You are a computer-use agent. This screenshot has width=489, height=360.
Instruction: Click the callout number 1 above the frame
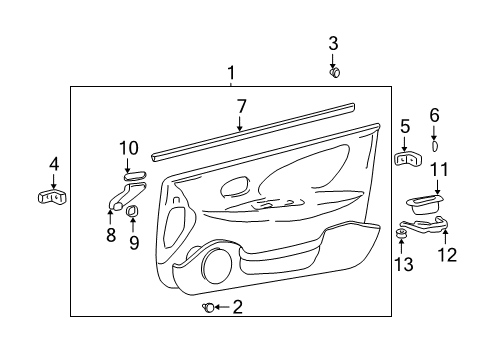click(231, 73)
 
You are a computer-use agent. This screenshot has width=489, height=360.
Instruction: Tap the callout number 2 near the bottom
click(237, 307)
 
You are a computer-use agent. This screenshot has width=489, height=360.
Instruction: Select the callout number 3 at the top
click(334, 43)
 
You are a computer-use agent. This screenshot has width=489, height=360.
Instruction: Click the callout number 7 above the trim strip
click(240, 105)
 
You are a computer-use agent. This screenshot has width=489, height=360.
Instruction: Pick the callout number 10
click(128, 148)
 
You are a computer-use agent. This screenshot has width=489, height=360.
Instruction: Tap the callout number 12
click(447, 255)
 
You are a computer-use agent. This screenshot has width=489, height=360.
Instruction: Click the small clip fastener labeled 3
click(335, 71)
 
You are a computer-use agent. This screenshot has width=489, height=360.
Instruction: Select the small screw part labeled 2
click(207, 307)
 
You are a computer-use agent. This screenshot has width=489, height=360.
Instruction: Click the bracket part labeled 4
click(52, 196)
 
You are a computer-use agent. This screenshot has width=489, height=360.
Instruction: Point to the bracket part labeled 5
click(406, 157)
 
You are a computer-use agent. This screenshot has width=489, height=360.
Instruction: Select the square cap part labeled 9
click(133, 211)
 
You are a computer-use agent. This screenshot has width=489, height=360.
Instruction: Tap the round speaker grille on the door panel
click(214, 267)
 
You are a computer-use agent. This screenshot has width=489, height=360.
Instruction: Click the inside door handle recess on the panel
click(236, 185)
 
